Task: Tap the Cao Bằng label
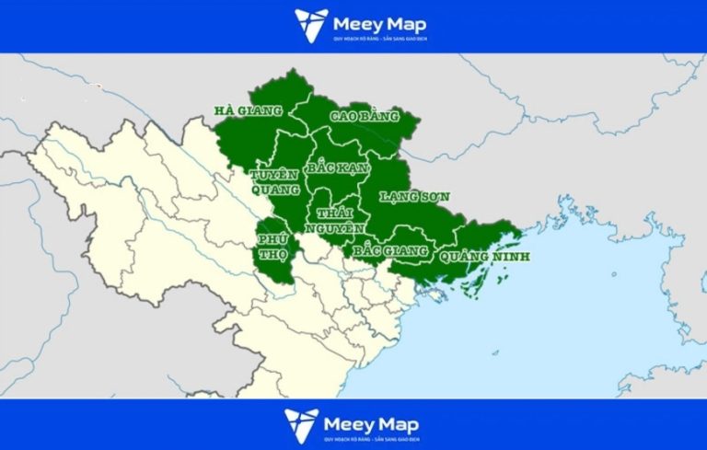365,117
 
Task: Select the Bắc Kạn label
333,168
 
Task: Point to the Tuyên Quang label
275,181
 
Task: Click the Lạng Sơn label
413,196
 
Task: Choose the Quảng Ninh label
484,257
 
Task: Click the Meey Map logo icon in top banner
310,25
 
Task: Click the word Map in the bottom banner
398,422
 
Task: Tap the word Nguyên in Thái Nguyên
341,228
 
